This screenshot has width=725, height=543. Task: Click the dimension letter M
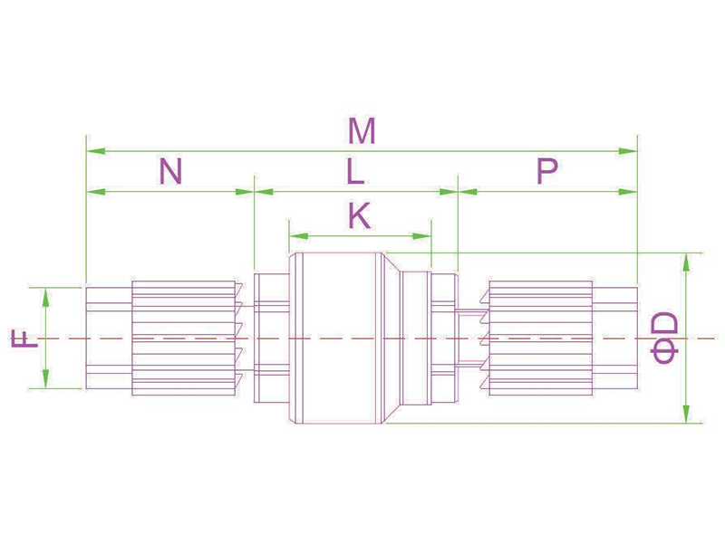tap(362, 131)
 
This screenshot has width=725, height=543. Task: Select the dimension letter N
tap(170, 171)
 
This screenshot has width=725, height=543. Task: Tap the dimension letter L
tap(355, 172)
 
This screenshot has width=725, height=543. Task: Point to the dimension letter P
tap(546, 171)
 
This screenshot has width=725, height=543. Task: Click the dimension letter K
tap(359, 216)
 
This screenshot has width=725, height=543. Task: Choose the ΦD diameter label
tap(664, 338)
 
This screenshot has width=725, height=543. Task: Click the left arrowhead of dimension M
tap(96, 151)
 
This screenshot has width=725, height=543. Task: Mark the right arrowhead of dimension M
tap(628, 151)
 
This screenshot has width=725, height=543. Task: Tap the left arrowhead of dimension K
tap(299, 236)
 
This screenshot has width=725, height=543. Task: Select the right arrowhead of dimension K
tap(421, 236)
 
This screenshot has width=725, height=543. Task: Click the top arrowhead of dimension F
tap(45, 297)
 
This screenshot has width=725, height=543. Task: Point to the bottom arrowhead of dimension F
tap(45, 379)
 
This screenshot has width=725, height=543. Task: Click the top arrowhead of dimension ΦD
tap(686, 262)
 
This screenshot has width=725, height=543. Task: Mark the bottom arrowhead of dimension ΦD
tap(686, 414)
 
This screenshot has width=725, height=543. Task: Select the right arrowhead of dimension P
tap(628, 192)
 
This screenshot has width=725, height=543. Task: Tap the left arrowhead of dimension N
tap(96, 192)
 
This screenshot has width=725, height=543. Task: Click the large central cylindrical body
tap(337, 338)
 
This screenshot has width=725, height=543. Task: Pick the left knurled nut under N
tap(184, 338)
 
